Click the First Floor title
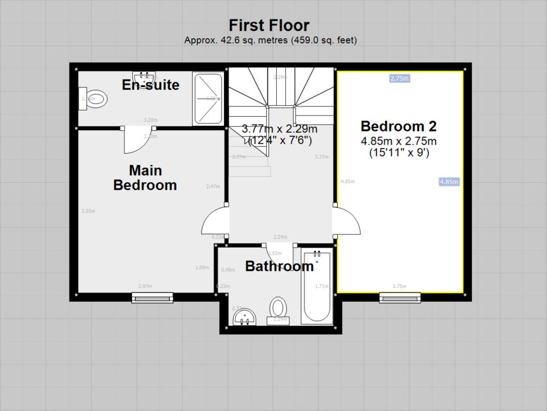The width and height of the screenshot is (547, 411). pyautogui.click(x=269, y=26)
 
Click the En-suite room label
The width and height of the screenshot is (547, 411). pyautogui.click(x=151, y=85)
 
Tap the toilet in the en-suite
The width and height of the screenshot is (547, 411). pyautogui.click(x=94, y=98)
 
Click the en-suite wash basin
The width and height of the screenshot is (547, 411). pyautogui.click(x=144, y=76)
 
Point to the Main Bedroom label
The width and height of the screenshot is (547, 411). pyautogui.click(x=145, y=178)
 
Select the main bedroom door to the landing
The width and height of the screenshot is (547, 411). pyautogui.click(x=214, y=221)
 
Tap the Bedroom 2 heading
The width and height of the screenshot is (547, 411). pyautogui.click(x=398, y=126)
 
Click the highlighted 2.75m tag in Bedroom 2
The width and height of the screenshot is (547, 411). pyautogui.click(x=399, y=79)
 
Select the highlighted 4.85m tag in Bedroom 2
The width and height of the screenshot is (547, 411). pyautogui.click(x=449, y=182)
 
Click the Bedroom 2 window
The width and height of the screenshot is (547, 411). pyautogui.click(x=400, y=297)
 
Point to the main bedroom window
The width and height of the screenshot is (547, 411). pyautogui.click(x=152, y=297)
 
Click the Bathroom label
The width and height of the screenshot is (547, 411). pyautogui.click(x=279, y=266)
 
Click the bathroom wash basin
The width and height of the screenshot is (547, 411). pyautogui.click(x=245, y=317)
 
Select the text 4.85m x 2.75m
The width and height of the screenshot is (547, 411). pyautogui.click(x=398, y=141)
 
